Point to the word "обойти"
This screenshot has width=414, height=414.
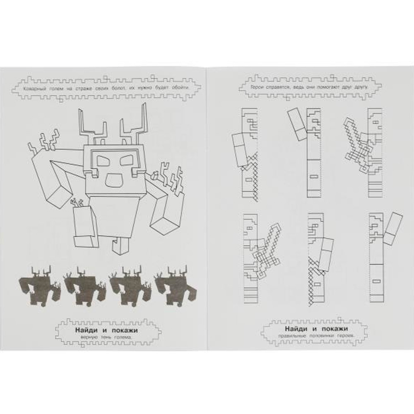pos(178,88)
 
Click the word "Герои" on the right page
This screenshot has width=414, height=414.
pos(258,88)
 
